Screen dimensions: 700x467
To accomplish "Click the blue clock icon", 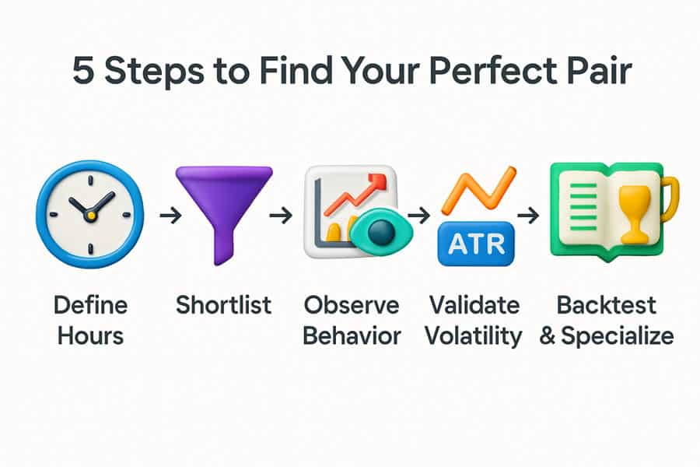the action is (x=90, y=215).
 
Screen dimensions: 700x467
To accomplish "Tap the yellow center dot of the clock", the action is (x=91, y=216).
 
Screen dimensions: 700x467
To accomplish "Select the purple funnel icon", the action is (x=224, y=216).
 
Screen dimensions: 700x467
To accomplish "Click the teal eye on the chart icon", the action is (x=381, y=231).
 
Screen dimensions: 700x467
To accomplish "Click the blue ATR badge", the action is (x=476, y=244).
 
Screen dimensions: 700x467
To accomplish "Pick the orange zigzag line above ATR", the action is (x=478, y=188).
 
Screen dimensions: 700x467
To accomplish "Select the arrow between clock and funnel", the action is (x=170, y=216).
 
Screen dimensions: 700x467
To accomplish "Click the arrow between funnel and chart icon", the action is (x=281, y=216).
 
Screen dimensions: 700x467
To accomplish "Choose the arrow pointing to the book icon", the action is (x=528, y=216).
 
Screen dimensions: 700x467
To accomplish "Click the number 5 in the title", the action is (x=83, y=70).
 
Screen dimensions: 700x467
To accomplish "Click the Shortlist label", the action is (x=224, y=305).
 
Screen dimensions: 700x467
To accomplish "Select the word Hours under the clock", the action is (x=91, y=335).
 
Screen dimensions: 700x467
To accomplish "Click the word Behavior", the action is (x=352, y=335).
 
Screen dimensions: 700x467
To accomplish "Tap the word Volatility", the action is (x=474, y=336).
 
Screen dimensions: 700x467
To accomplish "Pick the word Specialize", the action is (x=618, y=336).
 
